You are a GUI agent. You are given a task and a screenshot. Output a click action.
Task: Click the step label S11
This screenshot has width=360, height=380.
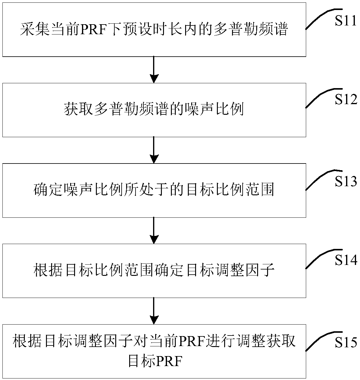tap(346, 22)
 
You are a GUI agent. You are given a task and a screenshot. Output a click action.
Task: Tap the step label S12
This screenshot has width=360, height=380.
tap(346, 100)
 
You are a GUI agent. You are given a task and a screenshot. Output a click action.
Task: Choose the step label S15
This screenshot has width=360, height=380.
tap(346, 342)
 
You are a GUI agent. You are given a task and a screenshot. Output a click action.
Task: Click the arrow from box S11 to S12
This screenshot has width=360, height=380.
tap(154, 70)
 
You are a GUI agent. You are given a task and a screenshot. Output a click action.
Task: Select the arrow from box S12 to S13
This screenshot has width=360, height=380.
tap(154, 150)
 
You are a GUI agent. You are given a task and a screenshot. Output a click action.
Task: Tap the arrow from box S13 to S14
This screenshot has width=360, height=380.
tap(154, 230)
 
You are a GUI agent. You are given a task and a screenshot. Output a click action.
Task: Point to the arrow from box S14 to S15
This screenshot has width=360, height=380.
tap(154, 311)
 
